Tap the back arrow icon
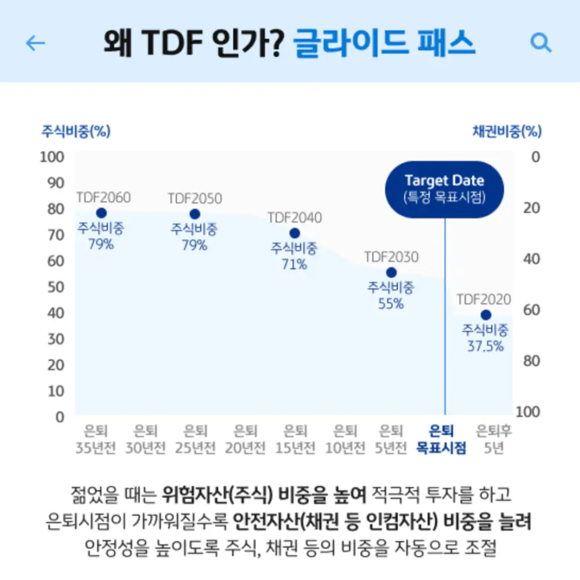tap(36, 43)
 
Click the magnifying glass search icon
tap(541, 42)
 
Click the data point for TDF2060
tap(101, 213)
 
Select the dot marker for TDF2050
tap(195, 214)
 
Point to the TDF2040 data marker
tap(295, 233)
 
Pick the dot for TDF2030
tap(391, 273)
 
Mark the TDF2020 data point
tap(485, 315)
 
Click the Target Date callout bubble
tap(445, 189)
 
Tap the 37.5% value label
tap(485, 347)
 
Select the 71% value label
tap(294, 265)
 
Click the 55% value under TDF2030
tap(391, 303)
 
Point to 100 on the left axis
tap(52, 157)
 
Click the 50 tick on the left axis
tap(55, 287)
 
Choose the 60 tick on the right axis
tap(531, 310)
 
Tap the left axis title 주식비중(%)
tap(75, 131)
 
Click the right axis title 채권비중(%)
tap(507, 131)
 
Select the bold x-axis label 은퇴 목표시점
tap(441, 440)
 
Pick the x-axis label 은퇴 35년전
tap(96, 440)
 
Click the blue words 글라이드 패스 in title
tap(384, 43)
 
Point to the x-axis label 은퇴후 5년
tap(494, 440)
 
